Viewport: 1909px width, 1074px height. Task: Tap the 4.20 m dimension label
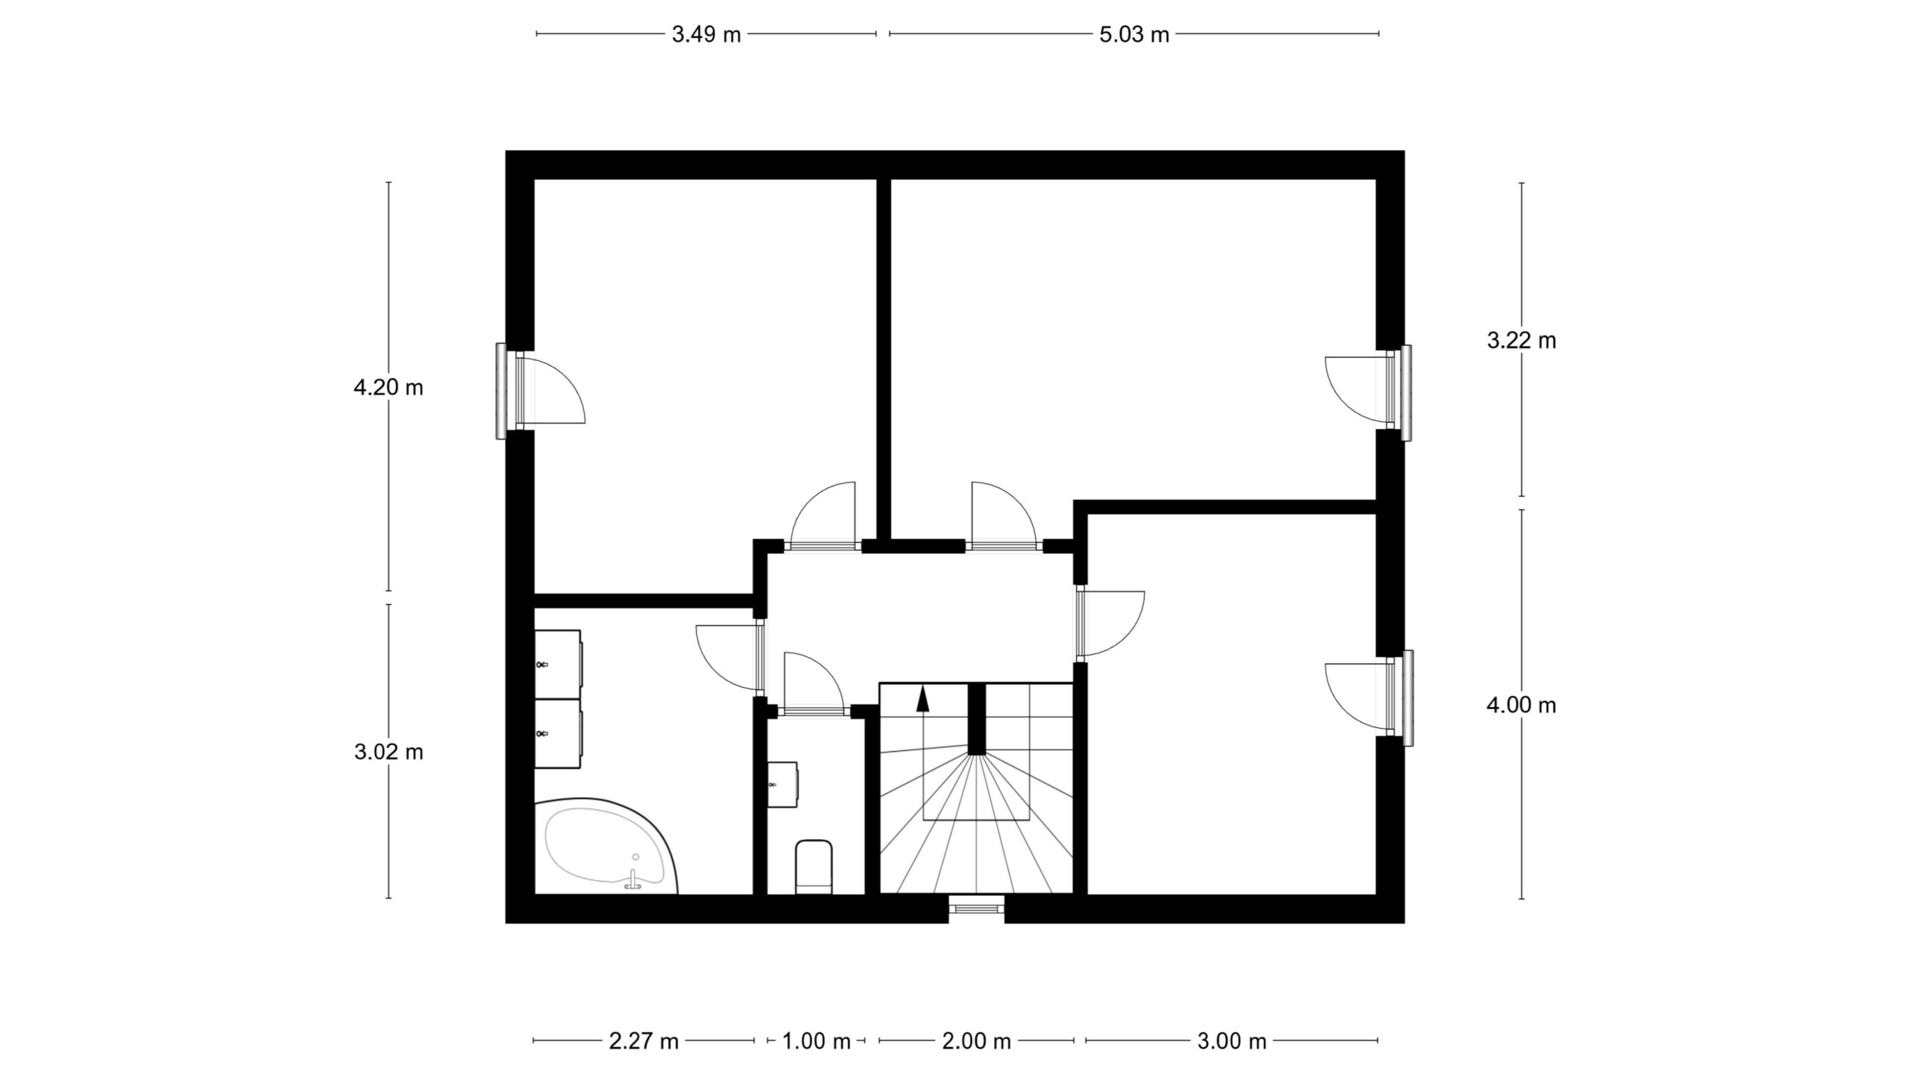(389, 387)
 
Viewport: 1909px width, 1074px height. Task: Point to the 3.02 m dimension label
(389, 752)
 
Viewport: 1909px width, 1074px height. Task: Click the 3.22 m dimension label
(1522, 340)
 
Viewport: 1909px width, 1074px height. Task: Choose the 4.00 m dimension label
(1522, 705)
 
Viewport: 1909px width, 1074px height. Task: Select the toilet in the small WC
(814, 867)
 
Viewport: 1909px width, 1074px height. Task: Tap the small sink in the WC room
(782, 784)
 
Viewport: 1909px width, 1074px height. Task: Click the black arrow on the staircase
(923, 698)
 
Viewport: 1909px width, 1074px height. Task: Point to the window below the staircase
(976, 908)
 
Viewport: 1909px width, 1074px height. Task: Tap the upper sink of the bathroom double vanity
(558, 664)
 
